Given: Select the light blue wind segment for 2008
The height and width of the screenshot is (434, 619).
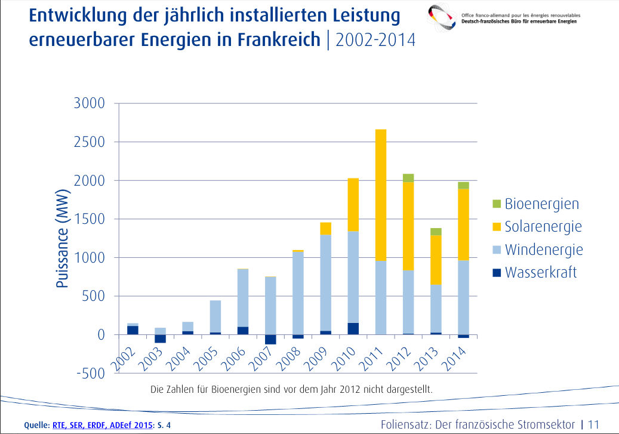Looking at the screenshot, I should [x=298, y=293].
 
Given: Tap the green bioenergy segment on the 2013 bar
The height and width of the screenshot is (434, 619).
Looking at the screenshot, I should [x=435, y=232].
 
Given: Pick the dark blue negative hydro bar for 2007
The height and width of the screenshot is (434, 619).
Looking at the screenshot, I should [x=270, y=339].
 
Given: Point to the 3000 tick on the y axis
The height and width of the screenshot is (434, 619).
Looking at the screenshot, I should [x=89, y=103].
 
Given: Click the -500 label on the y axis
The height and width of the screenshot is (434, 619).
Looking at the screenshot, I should [x=89, y=374].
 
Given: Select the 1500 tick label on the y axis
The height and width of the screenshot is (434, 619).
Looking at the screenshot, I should [x=89, y=219].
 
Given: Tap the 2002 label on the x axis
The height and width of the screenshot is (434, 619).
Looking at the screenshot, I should [x=125, y=357].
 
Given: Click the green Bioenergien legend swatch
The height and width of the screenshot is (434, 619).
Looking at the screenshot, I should [x=496, y=204].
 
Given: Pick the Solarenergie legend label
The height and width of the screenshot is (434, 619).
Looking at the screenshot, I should [x=543, y=226].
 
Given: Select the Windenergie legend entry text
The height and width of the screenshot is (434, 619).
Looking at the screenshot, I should [x=543, y=250].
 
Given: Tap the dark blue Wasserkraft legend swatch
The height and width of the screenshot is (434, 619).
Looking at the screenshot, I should [x=496, y=273].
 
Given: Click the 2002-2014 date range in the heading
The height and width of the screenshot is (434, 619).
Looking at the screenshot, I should [x=375, y=40].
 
